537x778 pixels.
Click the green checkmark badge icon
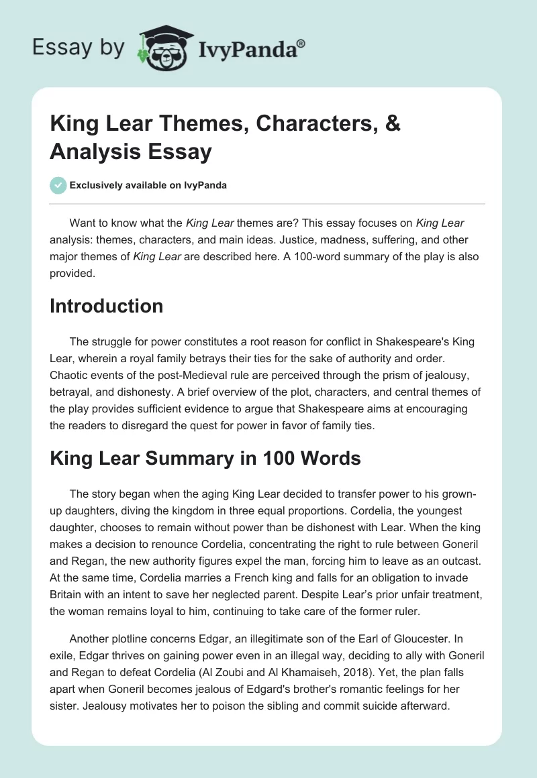click(x=58, y=185)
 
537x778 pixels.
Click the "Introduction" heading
click(x=106, y=306)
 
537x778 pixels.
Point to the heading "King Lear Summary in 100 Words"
click(x=205, y=459)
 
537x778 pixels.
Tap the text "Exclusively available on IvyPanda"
click(x=149, y=186)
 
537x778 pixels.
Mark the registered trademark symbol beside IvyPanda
click(x=301, y=44)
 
